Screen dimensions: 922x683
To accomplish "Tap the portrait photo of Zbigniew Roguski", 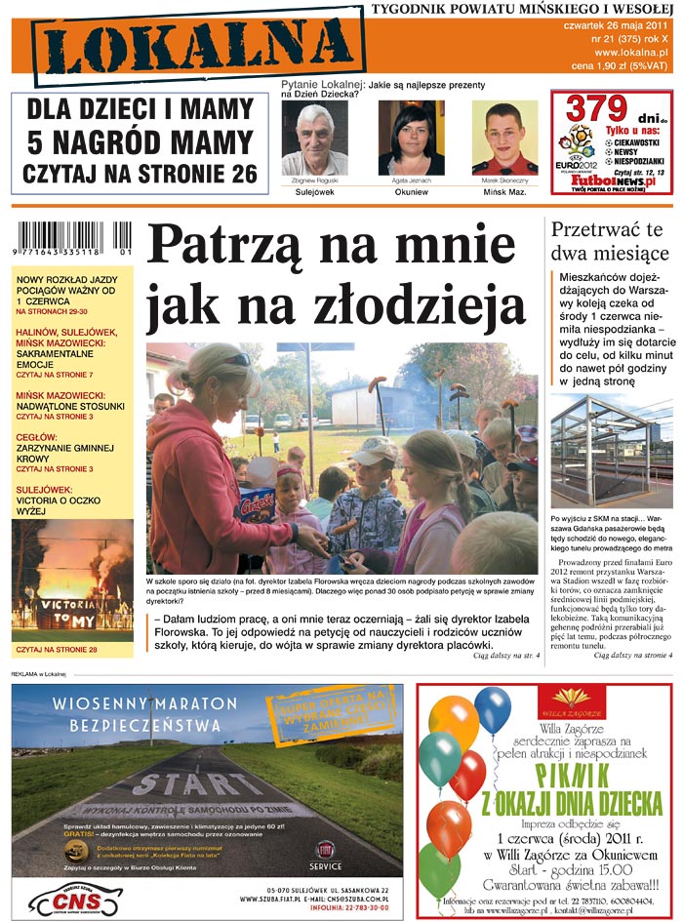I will pyautogui.click(x=314, y=138).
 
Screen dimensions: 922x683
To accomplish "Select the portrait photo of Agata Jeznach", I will pyautogui.click(x=411, y=138).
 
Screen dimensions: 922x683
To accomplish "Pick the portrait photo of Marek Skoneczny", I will pyautogui.click(x=504, y=138).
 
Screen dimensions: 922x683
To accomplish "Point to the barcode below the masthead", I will pyautogui.click(x=72, y=239).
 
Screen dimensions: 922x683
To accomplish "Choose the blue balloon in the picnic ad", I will pyautogui.click(x=492, y=709).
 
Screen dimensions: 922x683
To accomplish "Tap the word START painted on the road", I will pyautogui.click(x=199, y=784).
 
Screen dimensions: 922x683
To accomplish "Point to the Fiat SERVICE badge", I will pyautogui.click(x=324, y=854).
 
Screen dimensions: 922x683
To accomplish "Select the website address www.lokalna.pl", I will pyautogui.click(x=630, y=52).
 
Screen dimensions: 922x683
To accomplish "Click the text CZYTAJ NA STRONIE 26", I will pyautogui.click(x=141, y=174).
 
